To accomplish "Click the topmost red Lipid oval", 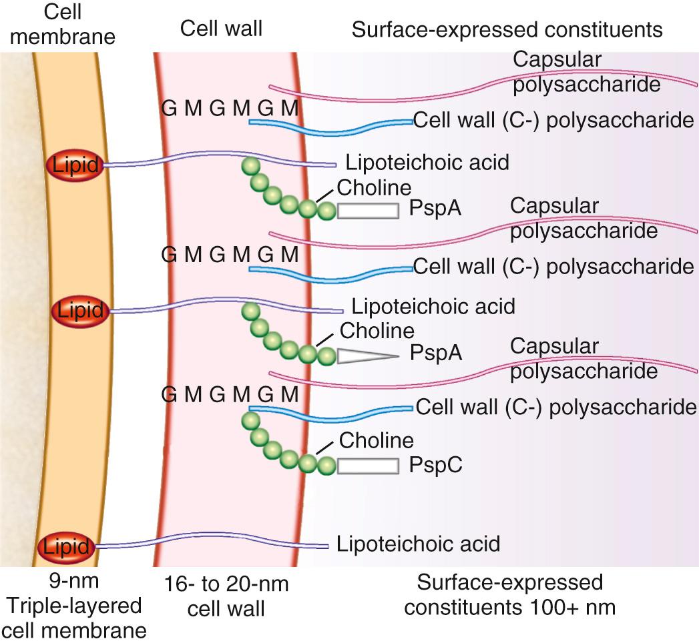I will coord(75,164).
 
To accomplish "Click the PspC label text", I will coord(435,465).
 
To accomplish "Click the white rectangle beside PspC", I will coord(368,466).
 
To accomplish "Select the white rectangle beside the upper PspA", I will coord(368,211).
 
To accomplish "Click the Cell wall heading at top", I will coord(221,29).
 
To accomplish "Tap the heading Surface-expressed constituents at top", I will coord(507,29).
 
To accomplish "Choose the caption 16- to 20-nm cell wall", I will coord(227,595).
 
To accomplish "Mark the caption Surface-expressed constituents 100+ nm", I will coord(509,595).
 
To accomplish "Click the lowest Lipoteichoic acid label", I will coord(418,544).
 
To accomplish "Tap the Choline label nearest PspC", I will coord(377,440).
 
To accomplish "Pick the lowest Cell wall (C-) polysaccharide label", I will coord(557,406).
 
